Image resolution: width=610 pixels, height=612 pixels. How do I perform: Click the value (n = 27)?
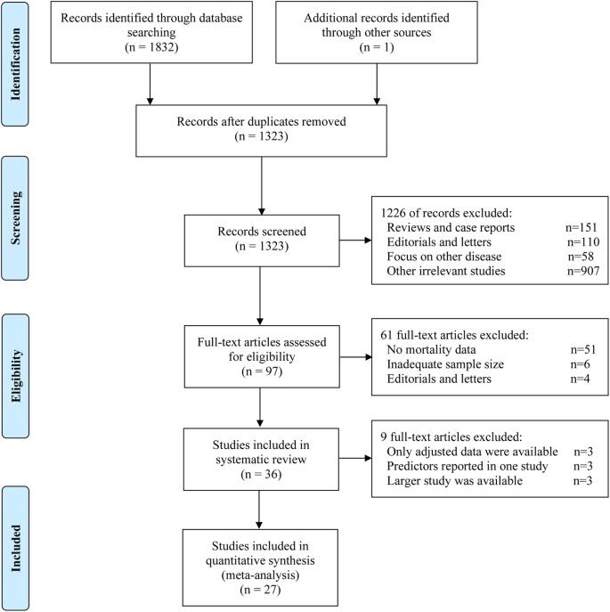point(260,586)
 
